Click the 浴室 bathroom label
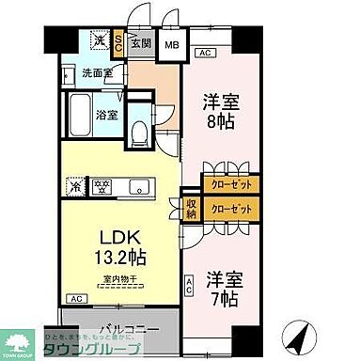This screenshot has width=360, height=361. pyautogui.click(x=106, y=116)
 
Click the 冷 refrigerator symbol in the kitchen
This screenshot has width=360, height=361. pyautogui.click(x=76, y=185)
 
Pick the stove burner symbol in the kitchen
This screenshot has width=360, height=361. pyautogui.click(x=99, y=185)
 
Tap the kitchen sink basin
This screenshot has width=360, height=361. pyautogui.click(x=134, y=185)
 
